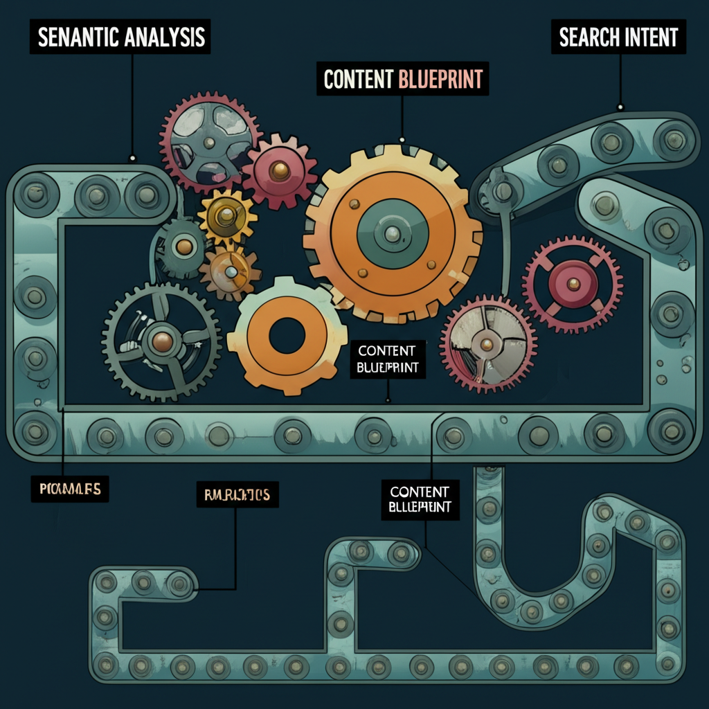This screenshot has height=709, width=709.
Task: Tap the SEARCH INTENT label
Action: click(618, 37)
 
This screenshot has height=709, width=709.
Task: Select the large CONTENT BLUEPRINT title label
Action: click(403, 79)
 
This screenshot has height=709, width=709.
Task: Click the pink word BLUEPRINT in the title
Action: click(440, 79)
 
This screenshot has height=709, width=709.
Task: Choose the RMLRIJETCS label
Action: click(237, 494)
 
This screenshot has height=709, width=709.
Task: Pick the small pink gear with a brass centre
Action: click(279, 169)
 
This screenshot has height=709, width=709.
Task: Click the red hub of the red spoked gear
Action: click(573, 283)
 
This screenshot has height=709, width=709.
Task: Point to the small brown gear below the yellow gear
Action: click(229, 271)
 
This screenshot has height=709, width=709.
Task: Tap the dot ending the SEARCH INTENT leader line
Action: click(620, 107)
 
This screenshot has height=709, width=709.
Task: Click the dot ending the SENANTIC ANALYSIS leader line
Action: click(132, 158)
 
